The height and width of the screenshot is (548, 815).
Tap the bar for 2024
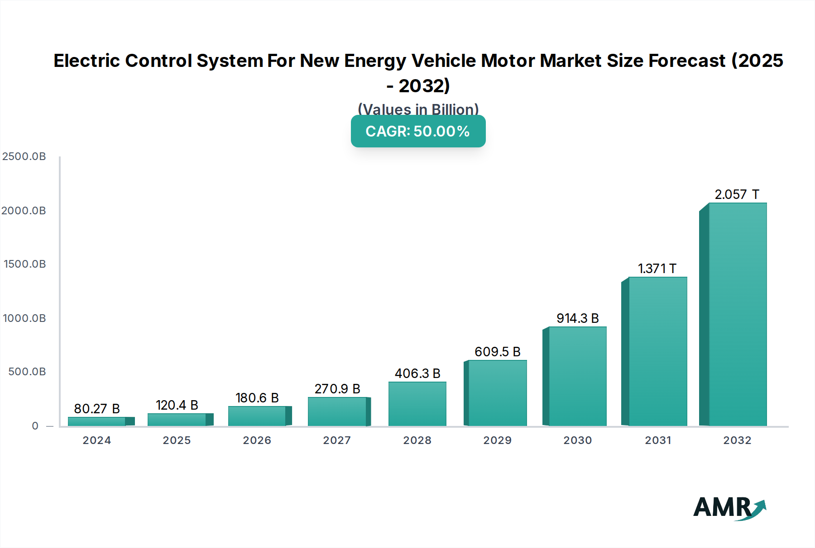[97, 421]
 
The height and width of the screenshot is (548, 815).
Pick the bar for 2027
[337, 411]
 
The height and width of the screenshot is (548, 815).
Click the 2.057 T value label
[737, 194]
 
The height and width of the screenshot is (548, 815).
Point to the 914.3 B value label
[577, 318]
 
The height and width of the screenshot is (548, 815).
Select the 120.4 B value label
[177, 405]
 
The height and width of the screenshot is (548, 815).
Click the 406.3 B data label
[417, 373]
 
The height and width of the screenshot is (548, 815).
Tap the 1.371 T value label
[657, 269]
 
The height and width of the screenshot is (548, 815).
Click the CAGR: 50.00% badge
[418, 131]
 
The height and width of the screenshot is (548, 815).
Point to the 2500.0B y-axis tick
[24, 156]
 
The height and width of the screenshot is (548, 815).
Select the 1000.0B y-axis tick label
[24, 318]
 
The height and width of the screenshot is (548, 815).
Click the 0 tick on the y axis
[35, 426]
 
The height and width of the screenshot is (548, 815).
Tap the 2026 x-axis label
[257, 440]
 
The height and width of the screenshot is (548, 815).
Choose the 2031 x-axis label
[658, 440]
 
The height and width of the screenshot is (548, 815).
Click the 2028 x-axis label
[417, 440]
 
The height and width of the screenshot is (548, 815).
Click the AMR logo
[729, 508]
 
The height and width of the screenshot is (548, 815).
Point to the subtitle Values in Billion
[418, 109]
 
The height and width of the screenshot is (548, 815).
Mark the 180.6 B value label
[257, 398]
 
